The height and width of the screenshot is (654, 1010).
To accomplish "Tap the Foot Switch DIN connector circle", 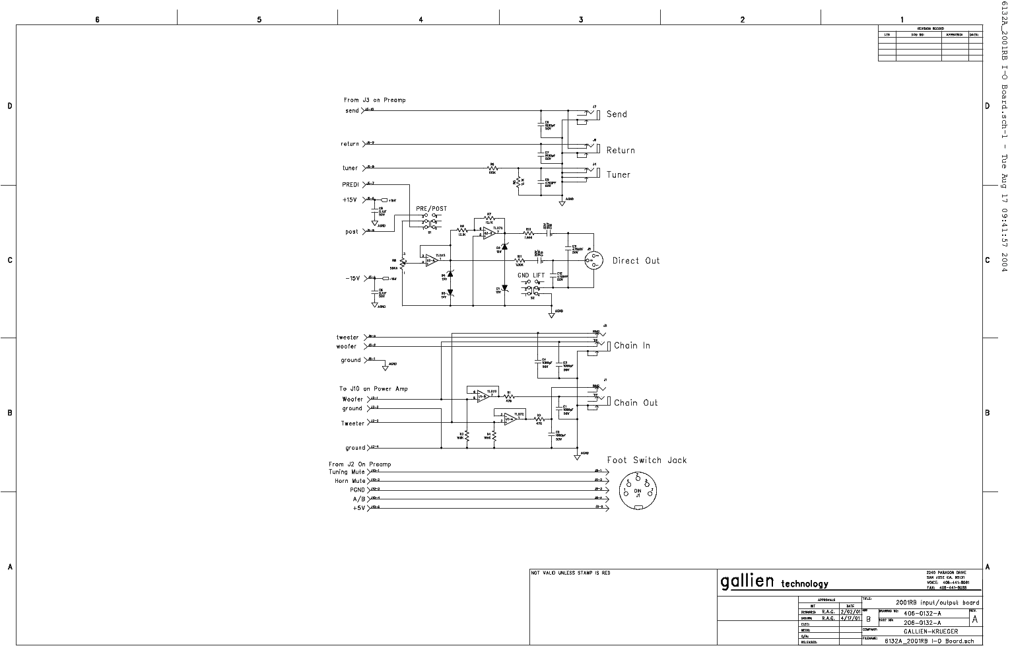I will coord(638,491).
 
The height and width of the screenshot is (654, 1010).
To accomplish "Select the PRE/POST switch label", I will coord(431,209).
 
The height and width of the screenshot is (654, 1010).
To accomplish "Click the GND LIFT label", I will coord(531,275).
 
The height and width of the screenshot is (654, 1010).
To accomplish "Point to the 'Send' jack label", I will coord(617,114).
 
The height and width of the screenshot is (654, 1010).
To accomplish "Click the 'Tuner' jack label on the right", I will coord(619,175).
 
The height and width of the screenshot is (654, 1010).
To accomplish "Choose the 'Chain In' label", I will coord(632,345).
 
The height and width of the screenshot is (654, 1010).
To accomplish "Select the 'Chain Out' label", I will coord(636,402).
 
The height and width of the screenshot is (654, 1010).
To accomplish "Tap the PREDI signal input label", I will coord(350,184).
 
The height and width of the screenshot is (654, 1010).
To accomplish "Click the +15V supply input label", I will coord(349,200).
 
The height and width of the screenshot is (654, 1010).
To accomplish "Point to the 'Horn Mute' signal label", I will coord(349,481).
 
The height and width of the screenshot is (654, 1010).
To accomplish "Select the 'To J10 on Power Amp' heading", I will coord(373,389).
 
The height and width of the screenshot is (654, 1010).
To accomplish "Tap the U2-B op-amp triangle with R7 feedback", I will coord(488,232).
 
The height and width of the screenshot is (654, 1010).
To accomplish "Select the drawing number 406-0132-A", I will coord(922,613).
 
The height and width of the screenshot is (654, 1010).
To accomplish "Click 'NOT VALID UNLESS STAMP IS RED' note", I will coord(571,573).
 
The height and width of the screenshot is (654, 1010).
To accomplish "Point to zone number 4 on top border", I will coord(421,20).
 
